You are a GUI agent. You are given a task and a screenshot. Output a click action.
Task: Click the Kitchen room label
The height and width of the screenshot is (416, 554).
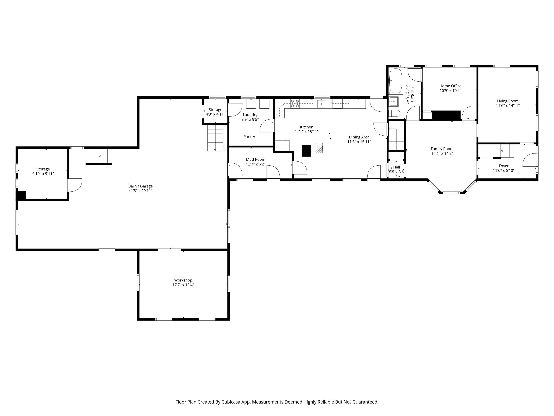307,127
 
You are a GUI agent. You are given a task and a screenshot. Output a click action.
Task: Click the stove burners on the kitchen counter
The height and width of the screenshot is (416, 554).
295,104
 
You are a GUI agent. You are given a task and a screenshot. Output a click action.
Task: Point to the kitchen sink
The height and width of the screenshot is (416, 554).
322,104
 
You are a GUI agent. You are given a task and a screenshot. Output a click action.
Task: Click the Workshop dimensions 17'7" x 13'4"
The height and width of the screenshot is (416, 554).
183,285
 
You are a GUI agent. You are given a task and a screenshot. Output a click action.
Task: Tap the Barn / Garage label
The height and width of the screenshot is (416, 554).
140,186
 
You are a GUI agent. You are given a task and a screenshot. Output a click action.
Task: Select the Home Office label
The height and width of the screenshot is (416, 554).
450,86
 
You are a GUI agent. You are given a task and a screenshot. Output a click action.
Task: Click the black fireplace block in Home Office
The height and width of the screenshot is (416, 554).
446,115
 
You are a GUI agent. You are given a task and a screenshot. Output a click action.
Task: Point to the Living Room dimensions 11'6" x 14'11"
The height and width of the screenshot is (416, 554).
508,106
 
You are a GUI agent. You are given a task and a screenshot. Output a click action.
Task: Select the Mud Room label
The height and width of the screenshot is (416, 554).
256,159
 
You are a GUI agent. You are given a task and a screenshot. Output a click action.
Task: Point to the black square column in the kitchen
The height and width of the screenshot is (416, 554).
306,151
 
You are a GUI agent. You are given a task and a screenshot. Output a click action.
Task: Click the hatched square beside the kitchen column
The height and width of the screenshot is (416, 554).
319,148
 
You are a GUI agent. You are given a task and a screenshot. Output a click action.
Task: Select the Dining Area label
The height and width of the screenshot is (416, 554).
359,137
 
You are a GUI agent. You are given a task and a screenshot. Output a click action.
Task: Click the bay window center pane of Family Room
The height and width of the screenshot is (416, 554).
452,193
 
